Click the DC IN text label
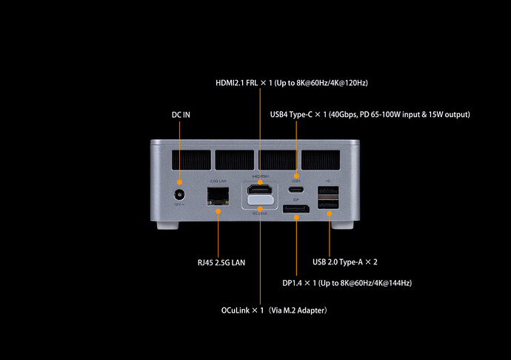(180, 114)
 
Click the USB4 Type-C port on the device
(295, 188)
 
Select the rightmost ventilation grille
(320, 159)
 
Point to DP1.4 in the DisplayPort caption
(293, 283)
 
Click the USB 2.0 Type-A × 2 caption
(345, 261)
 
